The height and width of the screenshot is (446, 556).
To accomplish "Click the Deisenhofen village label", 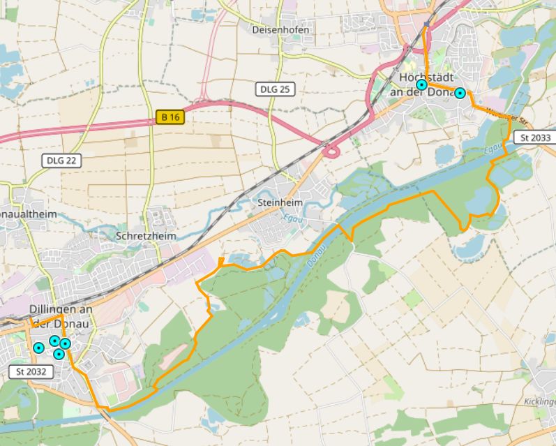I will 281,30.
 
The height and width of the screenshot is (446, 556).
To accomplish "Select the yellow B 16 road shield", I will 170,117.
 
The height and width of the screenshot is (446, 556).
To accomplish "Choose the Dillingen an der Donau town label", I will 61,316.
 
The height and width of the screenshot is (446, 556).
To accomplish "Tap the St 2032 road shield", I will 31,371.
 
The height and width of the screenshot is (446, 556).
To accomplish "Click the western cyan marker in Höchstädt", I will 421,84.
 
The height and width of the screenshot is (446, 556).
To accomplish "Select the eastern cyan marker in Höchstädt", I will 460,93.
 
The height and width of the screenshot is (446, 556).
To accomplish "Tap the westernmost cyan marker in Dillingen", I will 38,348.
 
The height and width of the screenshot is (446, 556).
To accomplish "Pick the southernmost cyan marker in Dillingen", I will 59,354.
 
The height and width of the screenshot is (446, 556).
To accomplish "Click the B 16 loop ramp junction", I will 332,150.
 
